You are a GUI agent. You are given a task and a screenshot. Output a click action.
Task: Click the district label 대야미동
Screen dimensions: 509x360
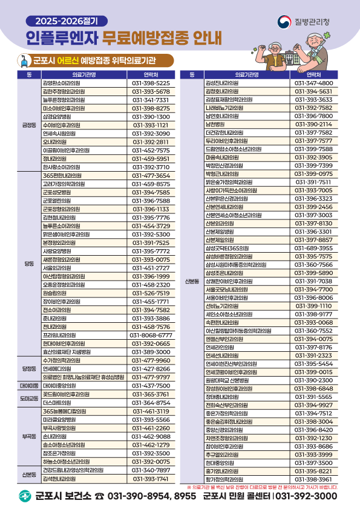(x=29, y=385)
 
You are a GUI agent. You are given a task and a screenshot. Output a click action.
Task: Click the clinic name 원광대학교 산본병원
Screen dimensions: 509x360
(x=231, y=380)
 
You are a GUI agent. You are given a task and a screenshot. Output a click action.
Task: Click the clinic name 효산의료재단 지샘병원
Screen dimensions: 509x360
(x=67, y=352)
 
